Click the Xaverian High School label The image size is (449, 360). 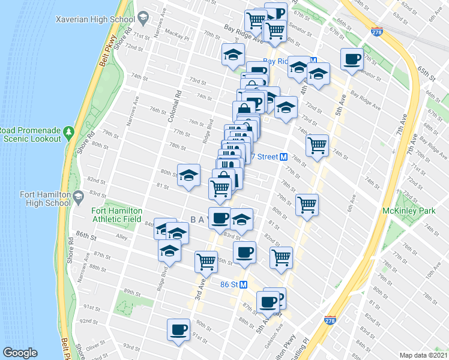(x=94, y=19)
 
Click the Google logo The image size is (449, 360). (x=20, y=353)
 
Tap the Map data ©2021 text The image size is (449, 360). (x=424, y=355)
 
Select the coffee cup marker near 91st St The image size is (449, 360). (x=179, y=329)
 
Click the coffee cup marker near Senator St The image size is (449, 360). (x=352, y=59)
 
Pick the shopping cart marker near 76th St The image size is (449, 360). (x=317, y=145)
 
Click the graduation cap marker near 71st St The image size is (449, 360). (x=233, y=55)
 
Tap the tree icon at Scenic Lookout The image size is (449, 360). (x=68, y=131)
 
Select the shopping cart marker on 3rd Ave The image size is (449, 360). (x=206, y=261)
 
